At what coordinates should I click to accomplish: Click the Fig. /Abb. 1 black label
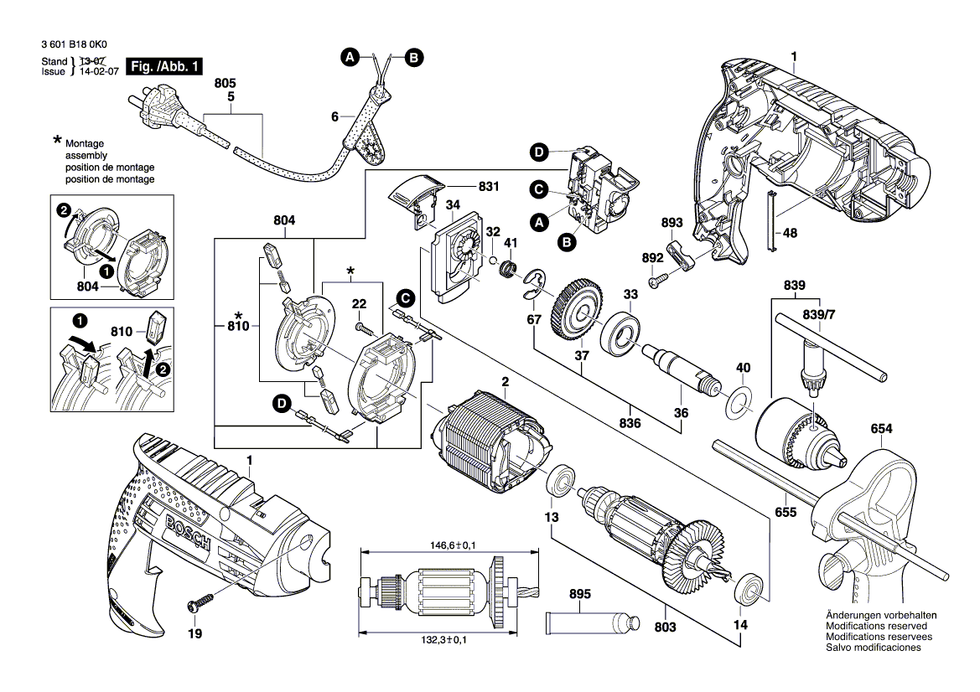point(164,67)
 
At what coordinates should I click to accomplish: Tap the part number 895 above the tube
point(580,594)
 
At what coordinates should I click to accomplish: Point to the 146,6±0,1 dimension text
point(446,545)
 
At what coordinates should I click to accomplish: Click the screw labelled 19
point(201,602)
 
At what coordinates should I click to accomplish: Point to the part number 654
point(881,429)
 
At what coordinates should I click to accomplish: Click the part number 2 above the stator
point(506,383)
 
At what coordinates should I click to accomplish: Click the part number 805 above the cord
point(226,84)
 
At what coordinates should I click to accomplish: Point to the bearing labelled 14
point(748,587)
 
